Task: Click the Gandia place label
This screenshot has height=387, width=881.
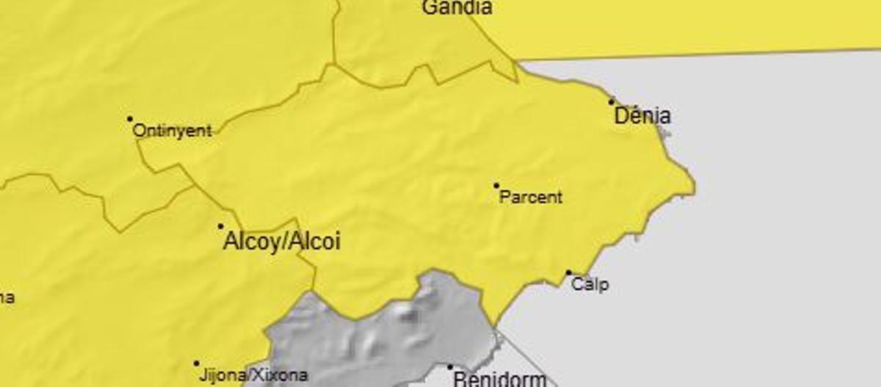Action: tap(456, 8)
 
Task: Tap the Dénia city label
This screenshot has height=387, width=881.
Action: tap(642, 116)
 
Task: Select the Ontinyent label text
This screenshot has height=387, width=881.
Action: tap(172, 131)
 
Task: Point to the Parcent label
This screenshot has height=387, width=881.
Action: tap(531, 197)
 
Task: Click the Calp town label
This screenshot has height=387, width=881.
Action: tap(590, 284)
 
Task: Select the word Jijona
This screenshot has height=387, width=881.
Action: tap(221, 375)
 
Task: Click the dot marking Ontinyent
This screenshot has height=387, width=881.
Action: tap(130, 118)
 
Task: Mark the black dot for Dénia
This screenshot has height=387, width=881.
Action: tap(612, 101)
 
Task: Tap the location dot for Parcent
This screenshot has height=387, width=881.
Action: tap(496, 186)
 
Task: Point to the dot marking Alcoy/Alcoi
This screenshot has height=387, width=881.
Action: tap(220, 226)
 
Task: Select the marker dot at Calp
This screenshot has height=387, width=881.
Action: tap(568, 273)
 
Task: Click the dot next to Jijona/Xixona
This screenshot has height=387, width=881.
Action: tap(196, 364)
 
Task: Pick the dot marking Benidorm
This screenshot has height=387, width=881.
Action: tap(450, 367)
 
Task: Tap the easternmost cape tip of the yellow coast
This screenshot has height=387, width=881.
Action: tap(693, 192)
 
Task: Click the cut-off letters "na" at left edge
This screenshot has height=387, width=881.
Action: tap(6, 297)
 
